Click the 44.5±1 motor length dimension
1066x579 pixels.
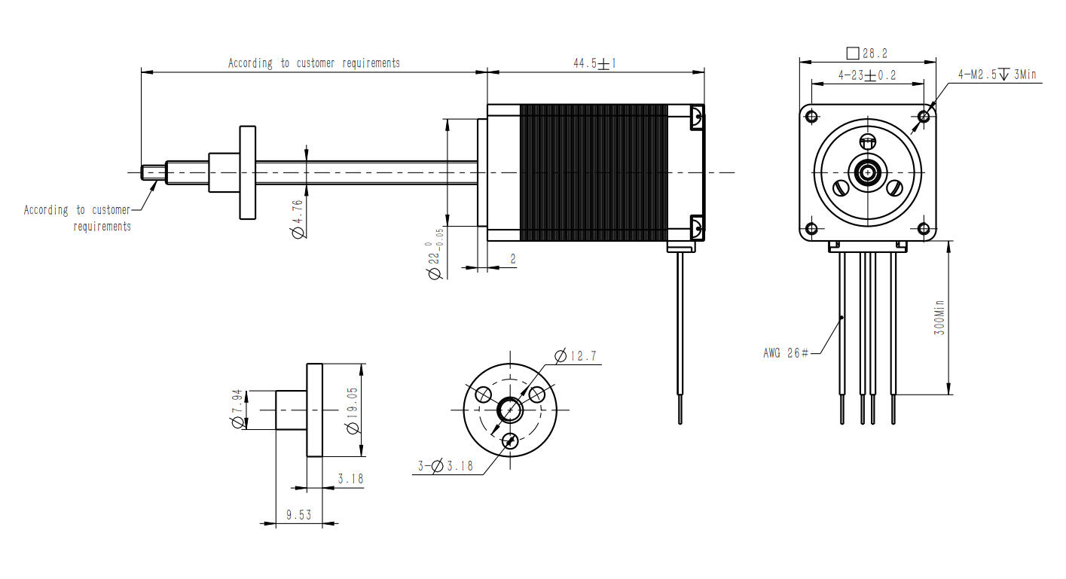[x=594, y=64]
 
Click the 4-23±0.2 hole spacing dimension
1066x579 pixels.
[x=866, y=75]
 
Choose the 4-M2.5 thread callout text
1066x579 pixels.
[x=997, y=75]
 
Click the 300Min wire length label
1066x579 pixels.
[x=939, y=317]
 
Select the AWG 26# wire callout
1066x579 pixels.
[x=786, y=352]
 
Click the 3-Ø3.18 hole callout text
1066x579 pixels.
[x=446, y=466]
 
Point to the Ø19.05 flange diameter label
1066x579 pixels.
[x=352, y=410]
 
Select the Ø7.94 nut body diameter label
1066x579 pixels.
[x=237, y=410]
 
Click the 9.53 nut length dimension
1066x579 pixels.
[x=298, y=515]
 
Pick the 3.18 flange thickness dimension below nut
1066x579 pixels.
[x=350, y=479]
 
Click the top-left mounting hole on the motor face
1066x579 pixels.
[x=811, y=116]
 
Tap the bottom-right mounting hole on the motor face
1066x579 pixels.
[x=924, y=228]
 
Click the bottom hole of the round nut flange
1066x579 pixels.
[x=510, y=441]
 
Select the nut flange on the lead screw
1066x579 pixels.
[x=248, y=172]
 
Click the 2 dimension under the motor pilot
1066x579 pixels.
[x=513, y=259]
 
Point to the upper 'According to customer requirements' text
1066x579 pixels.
[x=314, y=63]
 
